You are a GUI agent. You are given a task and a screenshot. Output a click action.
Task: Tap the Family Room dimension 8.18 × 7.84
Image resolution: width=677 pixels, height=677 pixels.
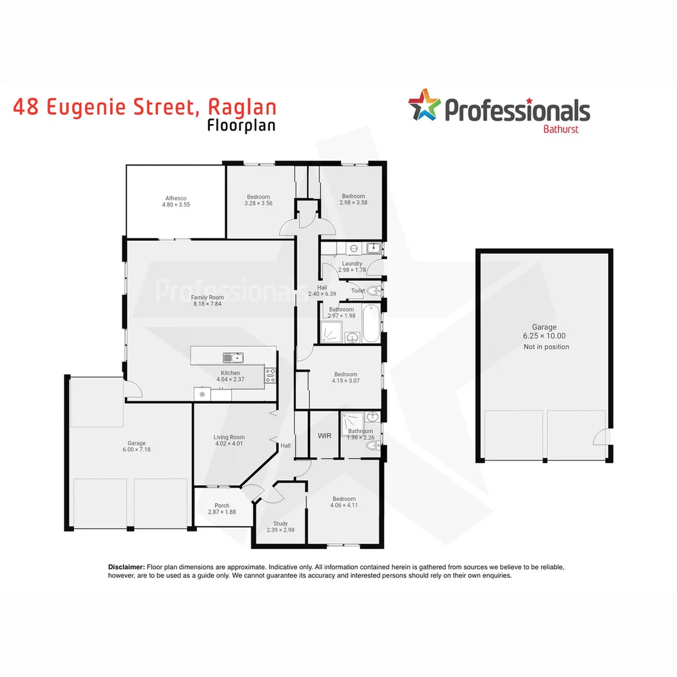pos(207,304)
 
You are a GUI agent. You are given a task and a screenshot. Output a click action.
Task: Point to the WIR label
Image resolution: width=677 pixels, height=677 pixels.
pos(324,435)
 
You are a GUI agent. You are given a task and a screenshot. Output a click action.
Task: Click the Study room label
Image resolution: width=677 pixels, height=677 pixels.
pos(280,523)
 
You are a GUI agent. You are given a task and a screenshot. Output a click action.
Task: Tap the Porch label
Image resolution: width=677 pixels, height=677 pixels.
pos(222,505)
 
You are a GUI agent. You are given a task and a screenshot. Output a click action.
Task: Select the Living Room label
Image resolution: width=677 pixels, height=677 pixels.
pos(229,437)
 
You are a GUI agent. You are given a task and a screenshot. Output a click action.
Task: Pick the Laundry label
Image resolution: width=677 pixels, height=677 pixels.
pos(352,263)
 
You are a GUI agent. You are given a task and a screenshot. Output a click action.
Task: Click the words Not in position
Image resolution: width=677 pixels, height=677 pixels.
pos(546,347)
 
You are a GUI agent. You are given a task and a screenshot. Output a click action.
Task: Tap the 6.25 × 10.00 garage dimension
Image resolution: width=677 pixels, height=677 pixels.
pos(544,336)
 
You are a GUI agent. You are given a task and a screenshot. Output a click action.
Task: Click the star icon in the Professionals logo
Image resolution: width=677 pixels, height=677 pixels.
pos(424,105)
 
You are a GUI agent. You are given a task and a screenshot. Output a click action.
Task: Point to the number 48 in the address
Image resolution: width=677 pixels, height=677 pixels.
pos(28,107)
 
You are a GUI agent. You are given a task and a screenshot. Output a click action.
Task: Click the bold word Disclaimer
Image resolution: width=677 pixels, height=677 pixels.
pos(127,567)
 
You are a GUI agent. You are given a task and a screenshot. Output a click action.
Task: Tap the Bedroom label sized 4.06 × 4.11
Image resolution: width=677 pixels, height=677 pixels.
pos(345,499)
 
